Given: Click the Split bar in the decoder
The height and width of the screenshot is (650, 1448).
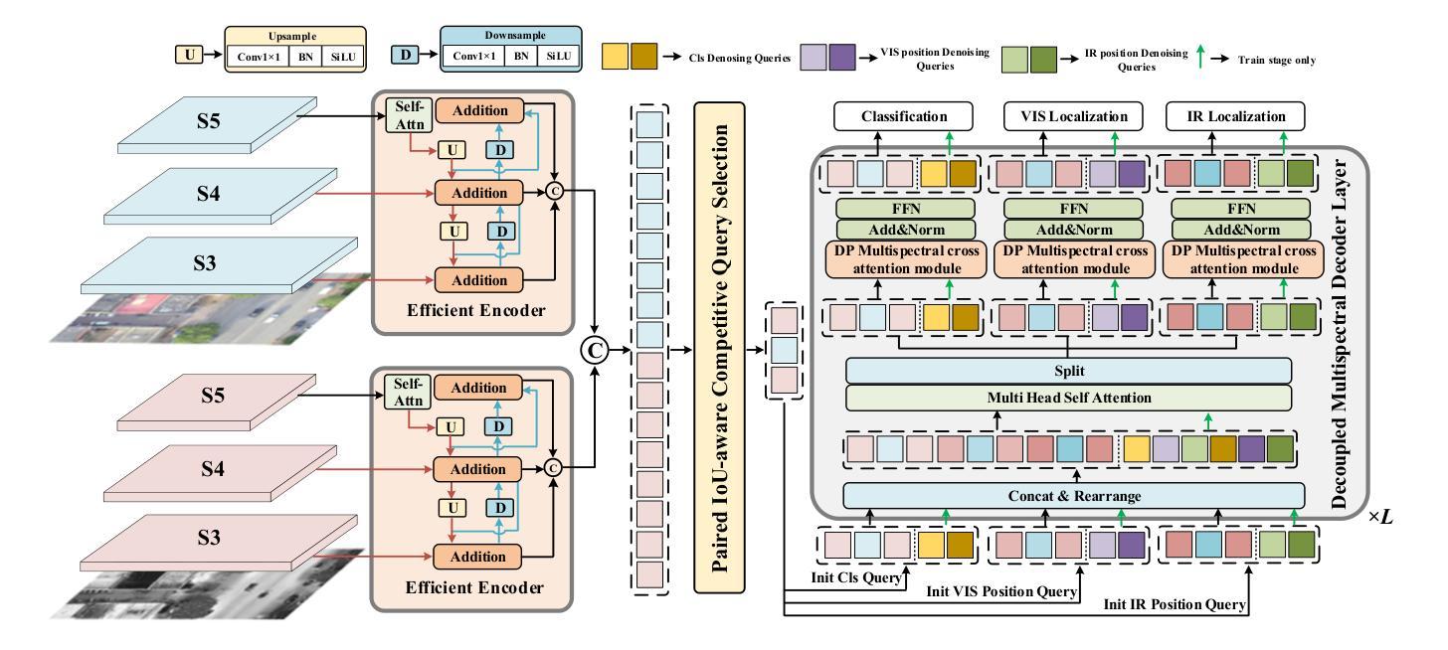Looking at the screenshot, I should (x=1068, y=371).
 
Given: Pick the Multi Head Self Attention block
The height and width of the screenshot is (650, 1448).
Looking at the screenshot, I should (x=1068, y=398).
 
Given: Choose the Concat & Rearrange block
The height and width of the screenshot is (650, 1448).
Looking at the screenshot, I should (x=1073, y=495).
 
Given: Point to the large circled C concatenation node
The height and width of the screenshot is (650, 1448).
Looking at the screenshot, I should (x=597, y=350).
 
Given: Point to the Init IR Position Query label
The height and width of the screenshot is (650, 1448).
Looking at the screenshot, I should (x=1177, y=604).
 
